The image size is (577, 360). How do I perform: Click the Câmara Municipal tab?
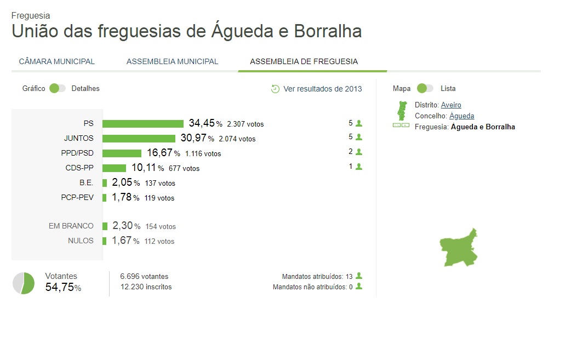[57, 61]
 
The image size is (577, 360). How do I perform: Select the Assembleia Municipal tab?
[172, 61]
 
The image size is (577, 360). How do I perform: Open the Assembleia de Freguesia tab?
[304, 61]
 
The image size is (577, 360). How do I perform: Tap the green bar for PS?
[142, 124]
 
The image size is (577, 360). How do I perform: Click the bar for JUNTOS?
[139, 139]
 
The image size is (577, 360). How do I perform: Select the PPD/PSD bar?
[122, 153]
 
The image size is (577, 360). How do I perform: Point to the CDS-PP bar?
[114, 168]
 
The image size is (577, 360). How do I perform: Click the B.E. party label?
[86, 183]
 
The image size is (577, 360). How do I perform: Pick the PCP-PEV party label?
[77, 198]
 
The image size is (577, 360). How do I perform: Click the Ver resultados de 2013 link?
[322, 89]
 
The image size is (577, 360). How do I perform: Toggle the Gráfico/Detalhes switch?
[58, 88]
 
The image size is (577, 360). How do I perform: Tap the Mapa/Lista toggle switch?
[425, 88]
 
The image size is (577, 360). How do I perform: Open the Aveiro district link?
[451, 105]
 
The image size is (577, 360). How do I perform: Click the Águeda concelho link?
[461, 116]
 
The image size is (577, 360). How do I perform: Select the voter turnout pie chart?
[24, 283]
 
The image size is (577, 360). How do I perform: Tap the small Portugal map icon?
[402, 111]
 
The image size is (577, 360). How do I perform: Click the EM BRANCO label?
[71, 226]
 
